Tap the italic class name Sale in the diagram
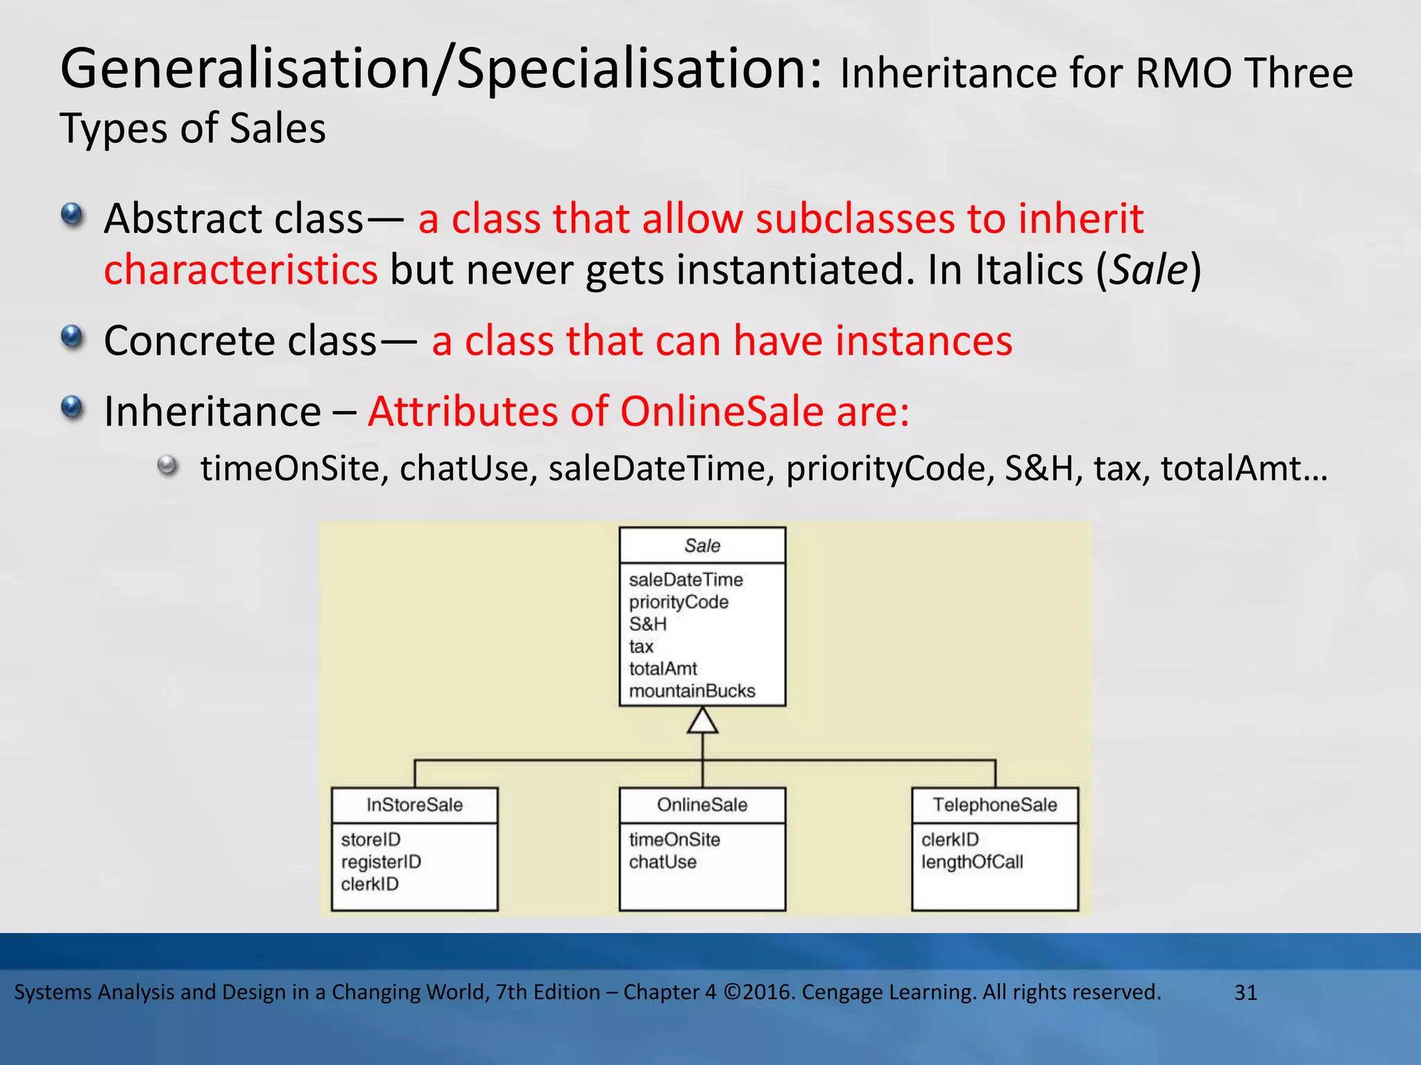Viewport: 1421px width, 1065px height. pos(702,546)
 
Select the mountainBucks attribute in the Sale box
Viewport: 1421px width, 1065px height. pos(692,691)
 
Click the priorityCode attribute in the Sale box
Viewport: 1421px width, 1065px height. pos(679,602)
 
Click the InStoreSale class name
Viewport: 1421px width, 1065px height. pos(414,805)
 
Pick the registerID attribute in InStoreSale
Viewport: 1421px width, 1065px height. pos(381,862)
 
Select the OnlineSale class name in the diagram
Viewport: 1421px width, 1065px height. pos(702,805)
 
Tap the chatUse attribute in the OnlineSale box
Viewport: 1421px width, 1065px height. pos(663,862)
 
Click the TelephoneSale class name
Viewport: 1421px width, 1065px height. pos(994,805)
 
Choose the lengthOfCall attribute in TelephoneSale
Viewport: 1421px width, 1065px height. pos(972,862)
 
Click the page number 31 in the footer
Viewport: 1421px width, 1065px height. pos(1245,993)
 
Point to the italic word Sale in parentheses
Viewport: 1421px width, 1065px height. pos(1148,270)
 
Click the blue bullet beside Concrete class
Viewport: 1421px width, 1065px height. pos(72,338)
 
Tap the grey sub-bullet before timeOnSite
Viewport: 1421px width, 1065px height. pos(167,466)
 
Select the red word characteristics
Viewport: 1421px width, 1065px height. pos(241,270)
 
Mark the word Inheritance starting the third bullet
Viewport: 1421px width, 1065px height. pos(212,411)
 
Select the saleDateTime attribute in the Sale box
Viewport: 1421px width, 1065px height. pos(686,580)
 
